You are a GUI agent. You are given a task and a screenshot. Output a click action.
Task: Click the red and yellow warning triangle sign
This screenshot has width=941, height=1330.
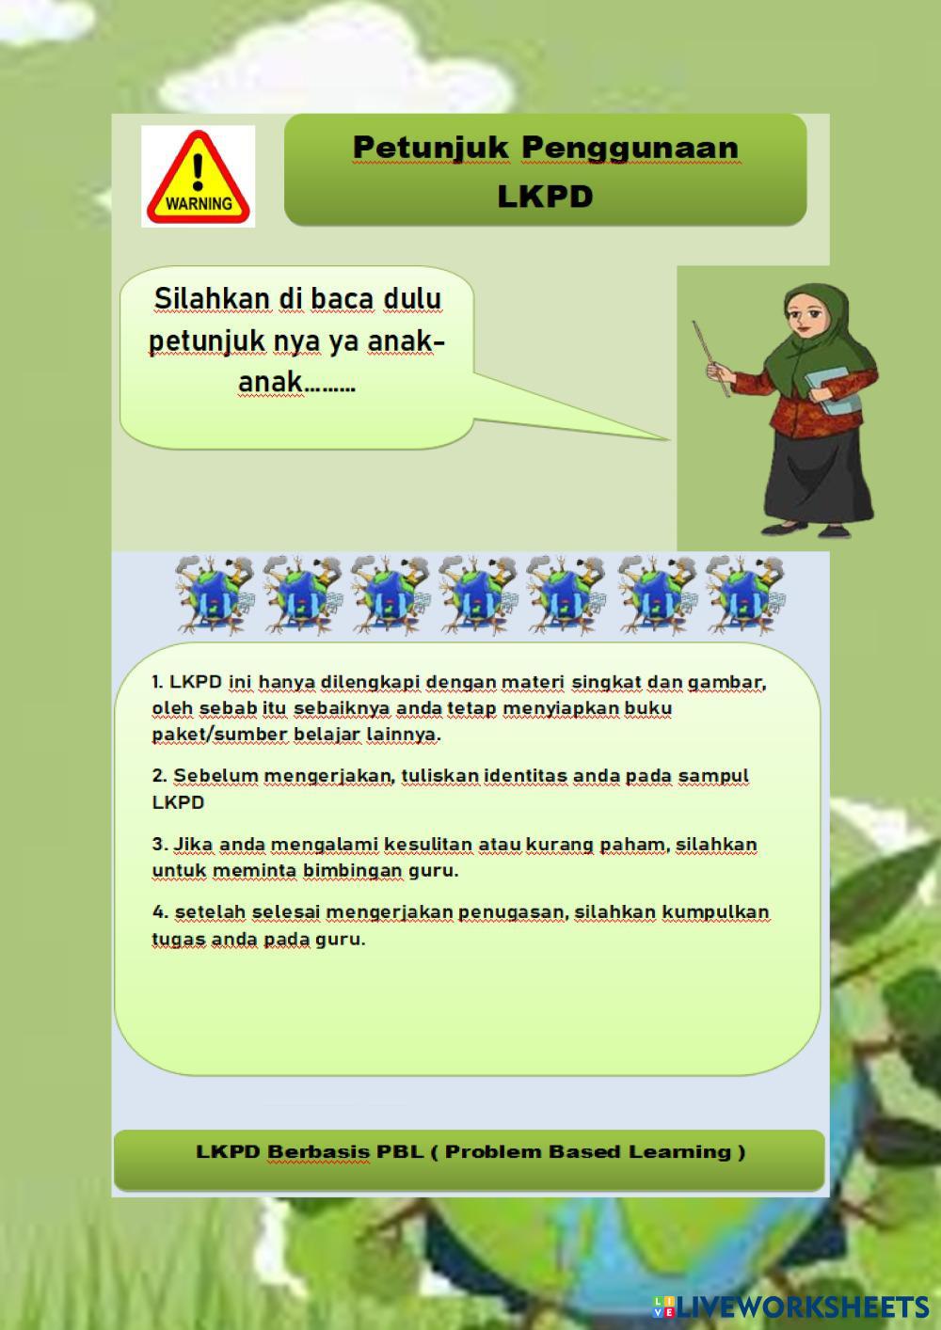199,177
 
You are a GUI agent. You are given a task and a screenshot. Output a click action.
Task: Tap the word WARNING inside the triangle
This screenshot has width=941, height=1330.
199,204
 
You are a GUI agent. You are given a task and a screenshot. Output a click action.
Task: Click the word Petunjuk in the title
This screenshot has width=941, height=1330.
431,148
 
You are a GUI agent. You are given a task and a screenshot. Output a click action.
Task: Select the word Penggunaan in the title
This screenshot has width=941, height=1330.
630,149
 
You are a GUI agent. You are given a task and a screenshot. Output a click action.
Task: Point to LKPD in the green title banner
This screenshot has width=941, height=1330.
546,197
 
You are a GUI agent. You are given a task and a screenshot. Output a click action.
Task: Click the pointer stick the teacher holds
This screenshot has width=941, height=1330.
711,358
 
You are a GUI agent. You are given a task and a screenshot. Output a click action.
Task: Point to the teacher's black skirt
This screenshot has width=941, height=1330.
818,478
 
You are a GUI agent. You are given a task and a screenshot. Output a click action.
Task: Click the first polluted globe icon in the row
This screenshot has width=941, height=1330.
214,594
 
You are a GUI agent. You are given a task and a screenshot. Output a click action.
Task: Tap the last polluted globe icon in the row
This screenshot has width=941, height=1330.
744,594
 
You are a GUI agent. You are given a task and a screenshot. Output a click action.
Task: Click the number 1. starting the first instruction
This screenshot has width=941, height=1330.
157,682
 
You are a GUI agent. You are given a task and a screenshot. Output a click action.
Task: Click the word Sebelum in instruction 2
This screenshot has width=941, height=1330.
215,775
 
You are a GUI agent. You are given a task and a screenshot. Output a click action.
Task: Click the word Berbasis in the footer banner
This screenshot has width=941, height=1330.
318,1152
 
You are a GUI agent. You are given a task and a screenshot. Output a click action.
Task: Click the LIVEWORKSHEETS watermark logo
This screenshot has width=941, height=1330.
790,1307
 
